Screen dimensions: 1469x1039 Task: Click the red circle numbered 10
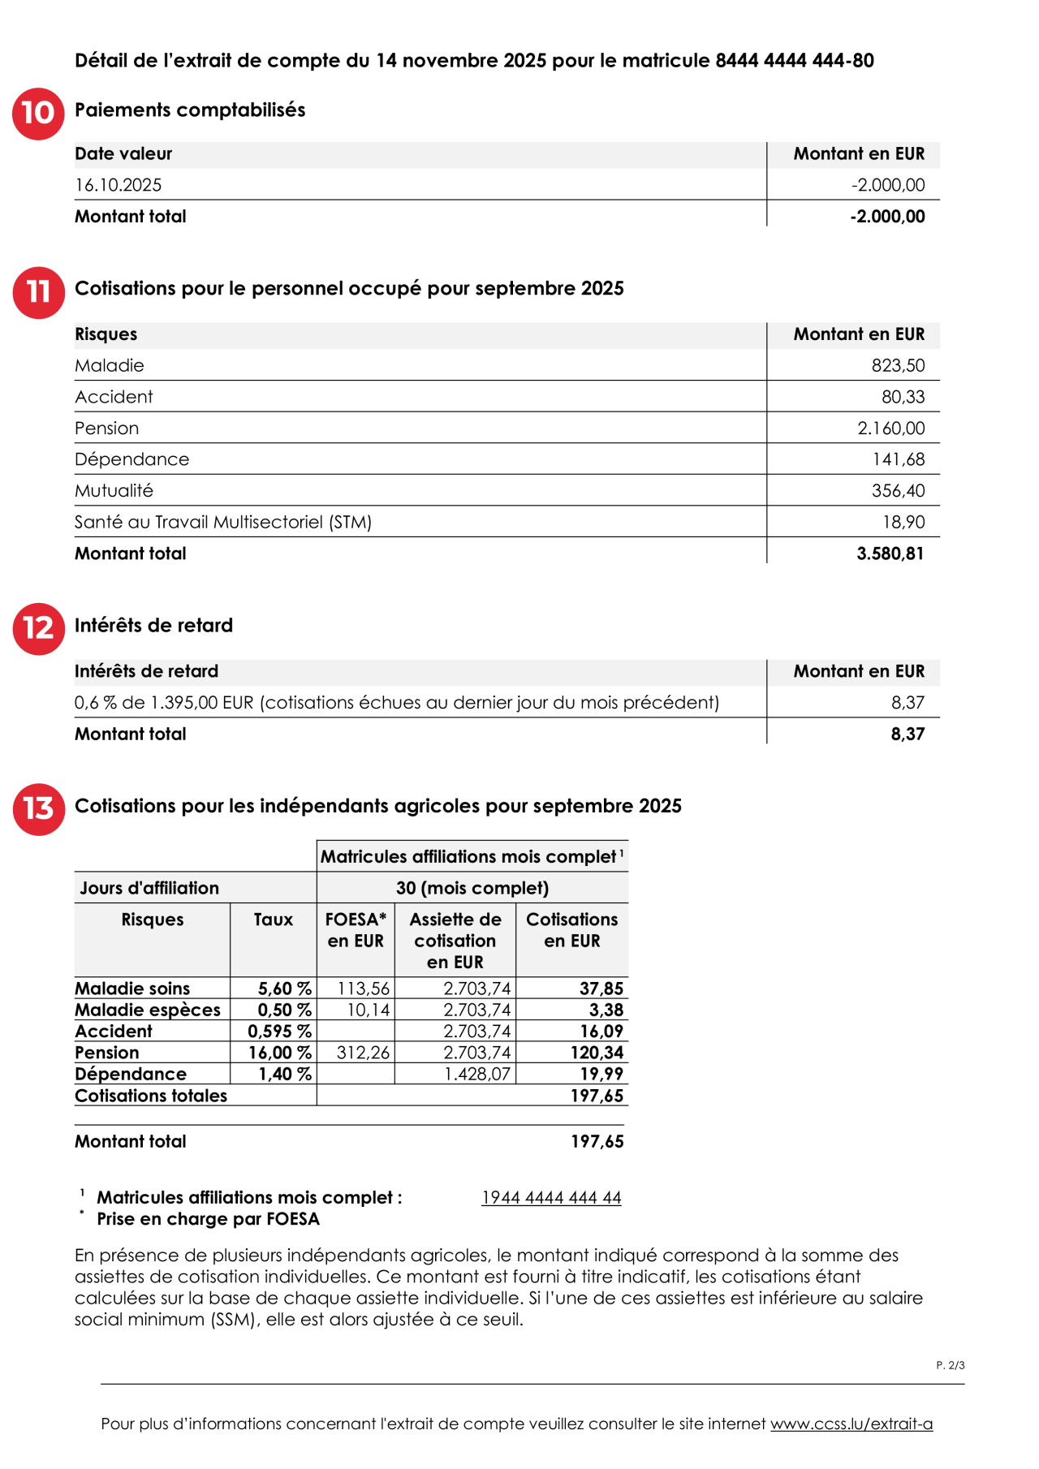coord(38,114)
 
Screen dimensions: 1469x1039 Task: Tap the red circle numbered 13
coord(38,809)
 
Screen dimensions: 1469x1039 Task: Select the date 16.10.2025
coord(119,185)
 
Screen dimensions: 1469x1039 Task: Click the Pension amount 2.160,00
coord(890,429)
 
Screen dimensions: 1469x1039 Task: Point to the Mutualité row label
coord(114,491)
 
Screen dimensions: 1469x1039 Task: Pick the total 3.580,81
coord(890,554)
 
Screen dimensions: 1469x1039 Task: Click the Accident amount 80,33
coord(903,397)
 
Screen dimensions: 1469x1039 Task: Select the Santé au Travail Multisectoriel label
coord(222,523)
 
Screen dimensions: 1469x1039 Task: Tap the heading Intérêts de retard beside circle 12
coord(153,626)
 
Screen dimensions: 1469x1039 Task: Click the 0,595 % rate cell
coord(279,1032)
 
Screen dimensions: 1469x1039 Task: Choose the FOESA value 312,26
coord(363,1053)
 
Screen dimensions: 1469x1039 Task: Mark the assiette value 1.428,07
coord(477,1074)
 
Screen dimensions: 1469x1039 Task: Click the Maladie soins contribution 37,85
coord(601,989)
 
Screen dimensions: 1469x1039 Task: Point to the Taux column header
coord(273,920)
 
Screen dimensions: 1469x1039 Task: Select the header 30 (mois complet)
coord(472,888)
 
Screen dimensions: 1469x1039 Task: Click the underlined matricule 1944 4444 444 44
coord(551,1198)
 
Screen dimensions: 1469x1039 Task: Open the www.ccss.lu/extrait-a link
coord(851,1424)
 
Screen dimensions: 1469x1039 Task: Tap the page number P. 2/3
coord(950,1366)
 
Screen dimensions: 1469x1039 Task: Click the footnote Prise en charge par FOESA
coord(208,1219)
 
